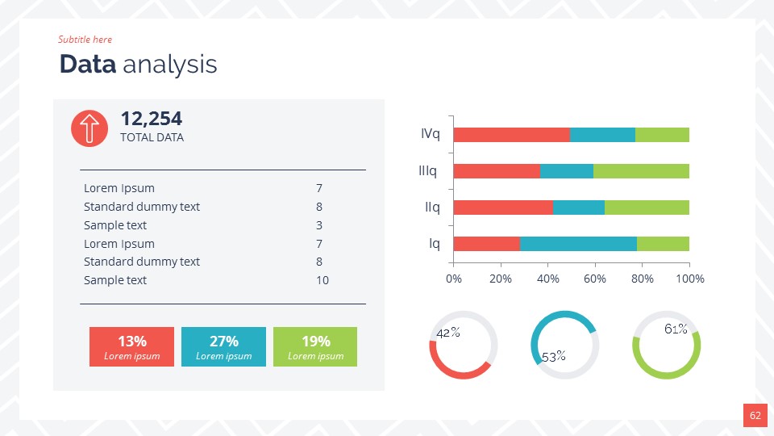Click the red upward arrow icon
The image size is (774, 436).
click(x=89, y=128)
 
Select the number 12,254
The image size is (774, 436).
click(x=151, y=119)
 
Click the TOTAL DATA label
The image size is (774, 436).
click(x=152, y=137)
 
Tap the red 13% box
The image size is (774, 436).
click(x=132, y=347)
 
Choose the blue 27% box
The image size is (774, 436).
click(x=223, y=347)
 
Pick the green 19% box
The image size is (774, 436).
click(x=315, y=347)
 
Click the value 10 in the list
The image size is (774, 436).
click(x=322, y=280)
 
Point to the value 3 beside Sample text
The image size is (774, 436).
click(x=319, y=225)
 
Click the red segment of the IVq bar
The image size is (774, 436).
click(x=511, y=135)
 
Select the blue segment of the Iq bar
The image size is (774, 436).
click(x=578, y=244)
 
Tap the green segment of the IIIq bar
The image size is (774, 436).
click(x=641, y=171)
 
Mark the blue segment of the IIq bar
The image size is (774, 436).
click(x=578, y=208)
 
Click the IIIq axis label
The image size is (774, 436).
click(x=427, y=171)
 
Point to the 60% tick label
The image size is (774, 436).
click(x=595, y=279)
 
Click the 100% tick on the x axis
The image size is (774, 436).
click(x=689, y=279)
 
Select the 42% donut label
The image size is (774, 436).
click(x=448, y=333)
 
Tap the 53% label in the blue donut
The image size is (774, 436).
click(x=554, y=356)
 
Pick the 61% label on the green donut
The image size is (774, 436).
click(x=676, y=329)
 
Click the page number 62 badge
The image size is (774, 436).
click(x=755, y=416)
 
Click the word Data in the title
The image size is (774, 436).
click(x=88, y=65)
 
